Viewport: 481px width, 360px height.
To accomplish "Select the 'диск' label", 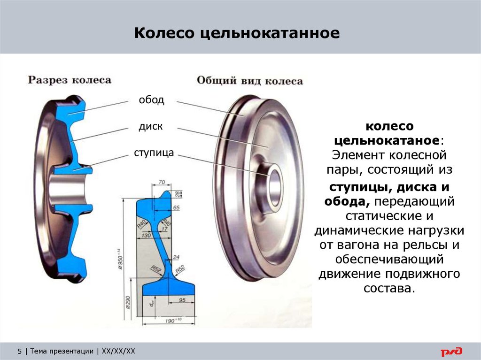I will click(x=150, y=127).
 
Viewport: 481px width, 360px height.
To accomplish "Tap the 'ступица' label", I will click(x=154, y=153).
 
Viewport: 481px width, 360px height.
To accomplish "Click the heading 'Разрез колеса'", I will click(x=70, y=80).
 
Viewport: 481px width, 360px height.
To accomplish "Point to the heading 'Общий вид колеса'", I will click(x=249, y=81).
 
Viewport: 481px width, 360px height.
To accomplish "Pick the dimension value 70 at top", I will click(x=162, y=182).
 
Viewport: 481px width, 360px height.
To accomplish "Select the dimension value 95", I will click(x=183, y=300).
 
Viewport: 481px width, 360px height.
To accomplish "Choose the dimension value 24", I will click(x=176, y=257).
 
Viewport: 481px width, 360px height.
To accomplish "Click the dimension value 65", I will click(x=176, y=207).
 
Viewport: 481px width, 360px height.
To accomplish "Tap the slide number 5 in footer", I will click(x=20, y=351).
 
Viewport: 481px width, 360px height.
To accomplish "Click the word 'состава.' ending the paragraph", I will click(x=389, y=288).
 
